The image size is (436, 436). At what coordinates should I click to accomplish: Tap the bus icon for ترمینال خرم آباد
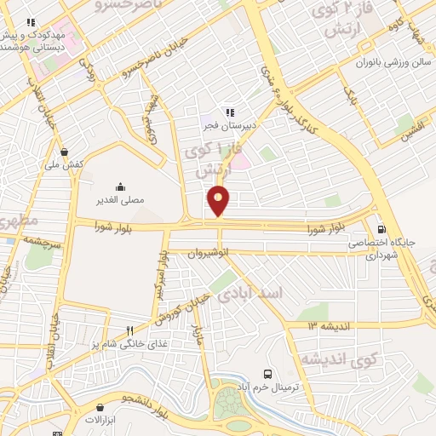pyautogui.click(x=268, y=374)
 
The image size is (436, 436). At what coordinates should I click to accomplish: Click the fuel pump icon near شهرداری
pyautogui.click(x=381, y=228)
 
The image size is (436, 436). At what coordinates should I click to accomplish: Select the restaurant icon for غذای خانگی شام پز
pyautogui.click(x=130, y=330)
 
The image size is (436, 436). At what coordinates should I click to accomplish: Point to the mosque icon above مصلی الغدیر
pyautogui.click(x=119, y=187)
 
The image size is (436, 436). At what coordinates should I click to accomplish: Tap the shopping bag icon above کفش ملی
pyautogui.click(x=65, y=152)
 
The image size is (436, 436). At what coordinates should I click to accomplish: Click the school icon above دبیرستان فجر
pyautogui.click(x=229, y=112)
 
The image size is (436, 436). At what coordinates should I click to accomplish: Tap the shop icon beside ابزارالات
pyautogui.click(x=89, y=420)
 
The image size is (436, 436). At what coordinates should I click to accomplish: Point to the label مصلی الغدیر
pyautogui.click(x=119, y=201)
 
